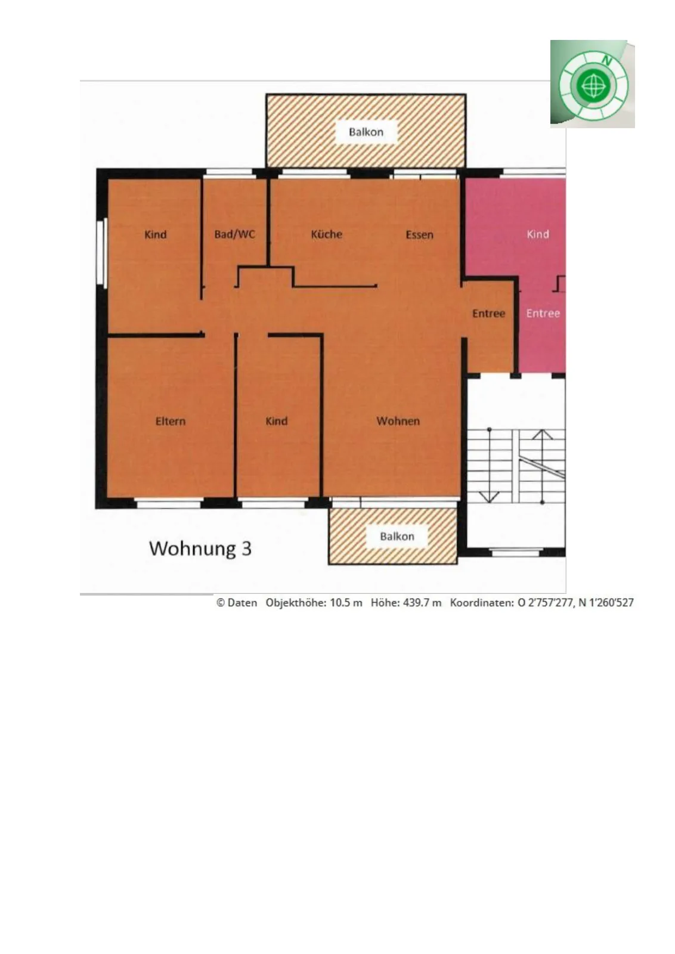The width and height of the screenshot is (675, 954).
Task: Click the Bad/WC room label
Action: pyautogui.click(x=235, y=234)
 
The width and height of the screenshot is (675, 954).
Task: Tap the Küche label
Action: pyautogui.click(x=327, y=234)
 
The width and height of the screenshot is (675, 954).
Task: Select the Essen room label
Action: pyautogui.click(x=419, y=235)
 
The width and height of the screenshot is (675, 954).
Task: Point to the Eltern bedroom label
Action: pyautogui.click(x=171, y=421)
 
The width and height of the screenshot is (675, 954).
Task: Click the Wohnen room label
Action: pyautogui.click(x=398, y=421)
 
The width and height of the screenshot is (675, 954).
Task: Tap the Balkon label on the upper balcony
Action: pyautogui.click(x=366, y=132)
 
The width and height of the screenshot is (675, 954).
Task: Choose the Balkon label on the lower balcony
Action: pyautogui.click(x=397, y=536)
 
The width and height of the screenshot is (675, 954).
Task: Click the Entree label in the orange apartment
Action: pyautogui.click(x=488, y=314)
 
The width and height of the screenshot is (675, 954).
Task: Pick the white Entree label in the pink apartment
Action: pyautogui.click(x=543, y=314)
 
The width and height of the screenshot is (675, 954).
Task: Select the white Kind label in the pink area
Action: pyautogui.click(x=538, y=234)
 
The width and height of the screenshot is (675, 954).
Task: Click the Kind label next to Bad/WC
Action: pyautogui.click(x=156, y=234)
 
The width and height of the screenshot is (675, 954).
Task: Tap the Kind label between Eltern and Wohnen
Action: pyautogui.click(x=277, y=421)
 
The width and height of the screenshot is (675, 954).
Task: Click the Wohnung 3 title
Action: pyautogui.click(x=200, y=548)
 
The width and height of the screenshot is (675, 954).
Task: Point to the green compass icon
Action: pyautogui.click(x=593, y=84)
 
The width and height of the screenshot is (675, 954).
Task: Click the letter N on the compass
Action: pyautogui.click(x=607, y=61)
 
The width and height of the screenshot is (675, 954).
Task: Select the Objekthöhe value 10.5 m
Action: pyautogui.click(x=346, y=603)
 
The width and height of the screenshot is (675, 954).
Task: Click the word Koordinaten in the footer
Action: pyautogui.click(x=481, y=603)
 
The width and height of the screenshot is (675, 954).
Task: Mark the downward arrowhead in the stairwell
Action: pyautogui.click(x=490, y=497)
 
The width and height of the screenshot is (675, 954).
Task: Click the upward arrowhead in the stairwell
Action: pyautogui.click(x=542, y=435)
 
